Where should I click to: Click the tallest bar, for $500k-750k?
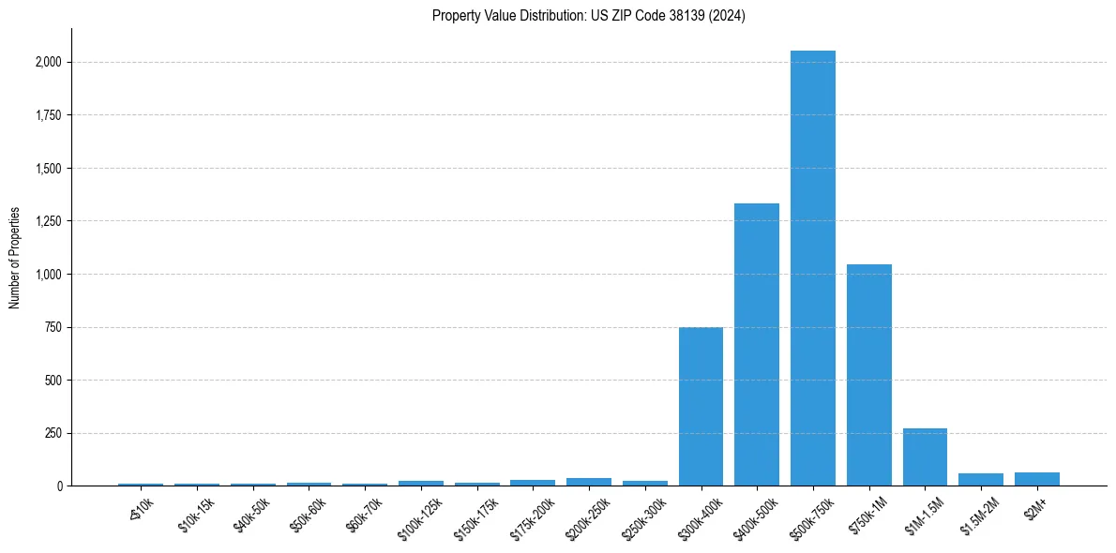(x=812, y=268)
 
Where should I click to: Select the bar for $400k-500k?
(x=757, y=344)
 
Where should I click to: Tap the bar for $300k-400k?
(x=701, y=406)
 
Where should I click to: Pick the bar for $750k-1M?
(x=868, y=375)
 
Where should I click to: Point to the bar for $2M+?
(x=1036, y=479)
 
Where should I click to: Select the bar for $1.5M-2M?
(x=980, y=480)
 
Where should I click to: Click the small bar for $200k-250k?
(x=588, y=482)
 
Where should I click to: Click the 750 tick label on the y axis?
(x=53, y=327)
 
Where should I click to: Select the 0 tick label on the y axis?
(x=59, y=486)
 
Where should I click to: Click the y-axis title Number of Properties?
(x=15, y=257)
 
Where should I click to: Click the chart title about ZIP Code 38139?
(x=588, y=16)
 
